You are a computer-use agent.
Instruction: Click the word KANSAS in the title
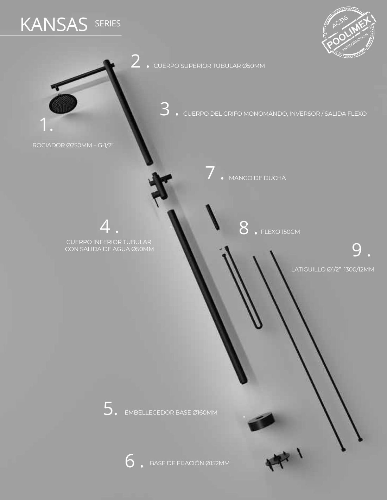tap(54, 24)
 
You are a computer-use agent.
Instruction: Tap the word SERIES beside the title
tap(108, 24)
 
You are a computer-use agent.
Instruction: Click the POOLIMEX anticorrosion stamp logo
tap(349, 33)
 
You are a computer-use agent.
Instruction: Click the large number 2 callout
tap(135, 61)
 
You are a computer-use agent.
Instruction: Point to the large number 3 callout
tap(165, 109)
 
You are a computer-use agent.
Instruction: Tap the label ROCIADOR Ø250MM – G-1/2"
tap(73, 146)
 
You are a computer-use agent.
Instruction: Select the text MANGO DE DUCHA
tap(257, 178)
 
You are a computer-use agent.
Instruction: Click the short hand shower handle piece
tap(212, 217)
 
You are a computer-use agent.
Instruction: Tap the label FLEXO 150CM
tap(280, 232)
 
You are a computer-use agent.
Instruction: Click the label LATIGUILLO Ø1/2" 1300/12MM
tap(333, 269)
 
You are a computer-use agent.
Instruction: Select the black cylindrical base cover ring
tap(261, 422)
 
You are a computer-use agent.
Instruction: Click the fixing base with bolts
tap(278, 460)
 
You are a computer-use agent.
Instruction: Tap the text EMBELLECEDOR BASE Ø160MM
tap(171, 412)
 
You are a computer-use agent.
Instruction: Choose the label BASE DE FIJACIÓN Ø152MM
tap(190, 463)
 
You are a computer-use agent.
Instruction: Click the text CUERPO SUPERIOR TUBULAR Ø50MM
tap(209, 66)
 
